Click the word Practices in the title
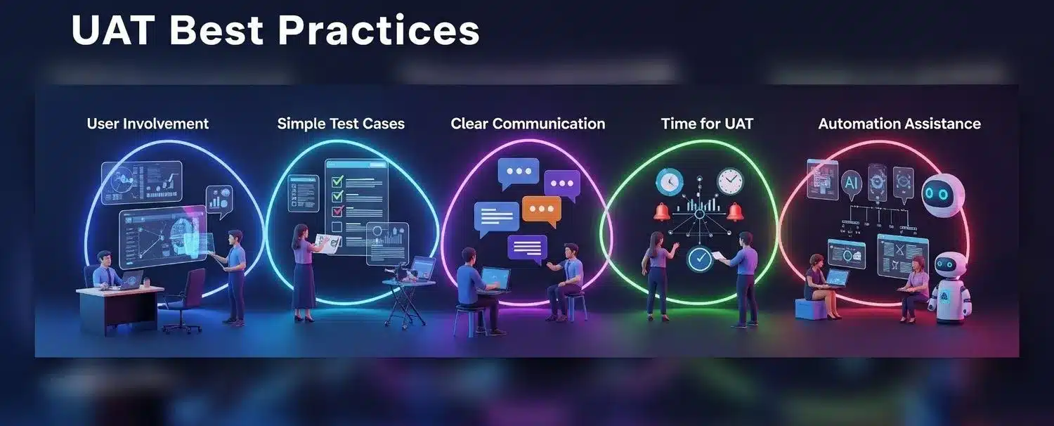[378, 30]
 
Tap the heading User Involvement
[148, 124]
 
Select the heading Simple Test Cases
[341, 124]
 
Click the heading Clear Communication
[528, 124]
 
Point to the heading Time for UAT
[707, 124]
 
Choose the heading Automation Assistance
[899, 124]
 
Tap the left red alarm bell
[662, 212]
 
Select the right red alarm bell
[734, 212]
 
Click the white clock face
[730, 181]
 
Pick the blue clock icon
[669, 181]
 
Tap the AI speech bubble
[851, 183]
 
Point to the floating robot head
[942, 195]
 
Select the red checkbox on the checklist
[337, 211]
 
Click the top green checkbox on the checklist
[337, 181]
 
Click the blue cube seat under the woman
[811, 309]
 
